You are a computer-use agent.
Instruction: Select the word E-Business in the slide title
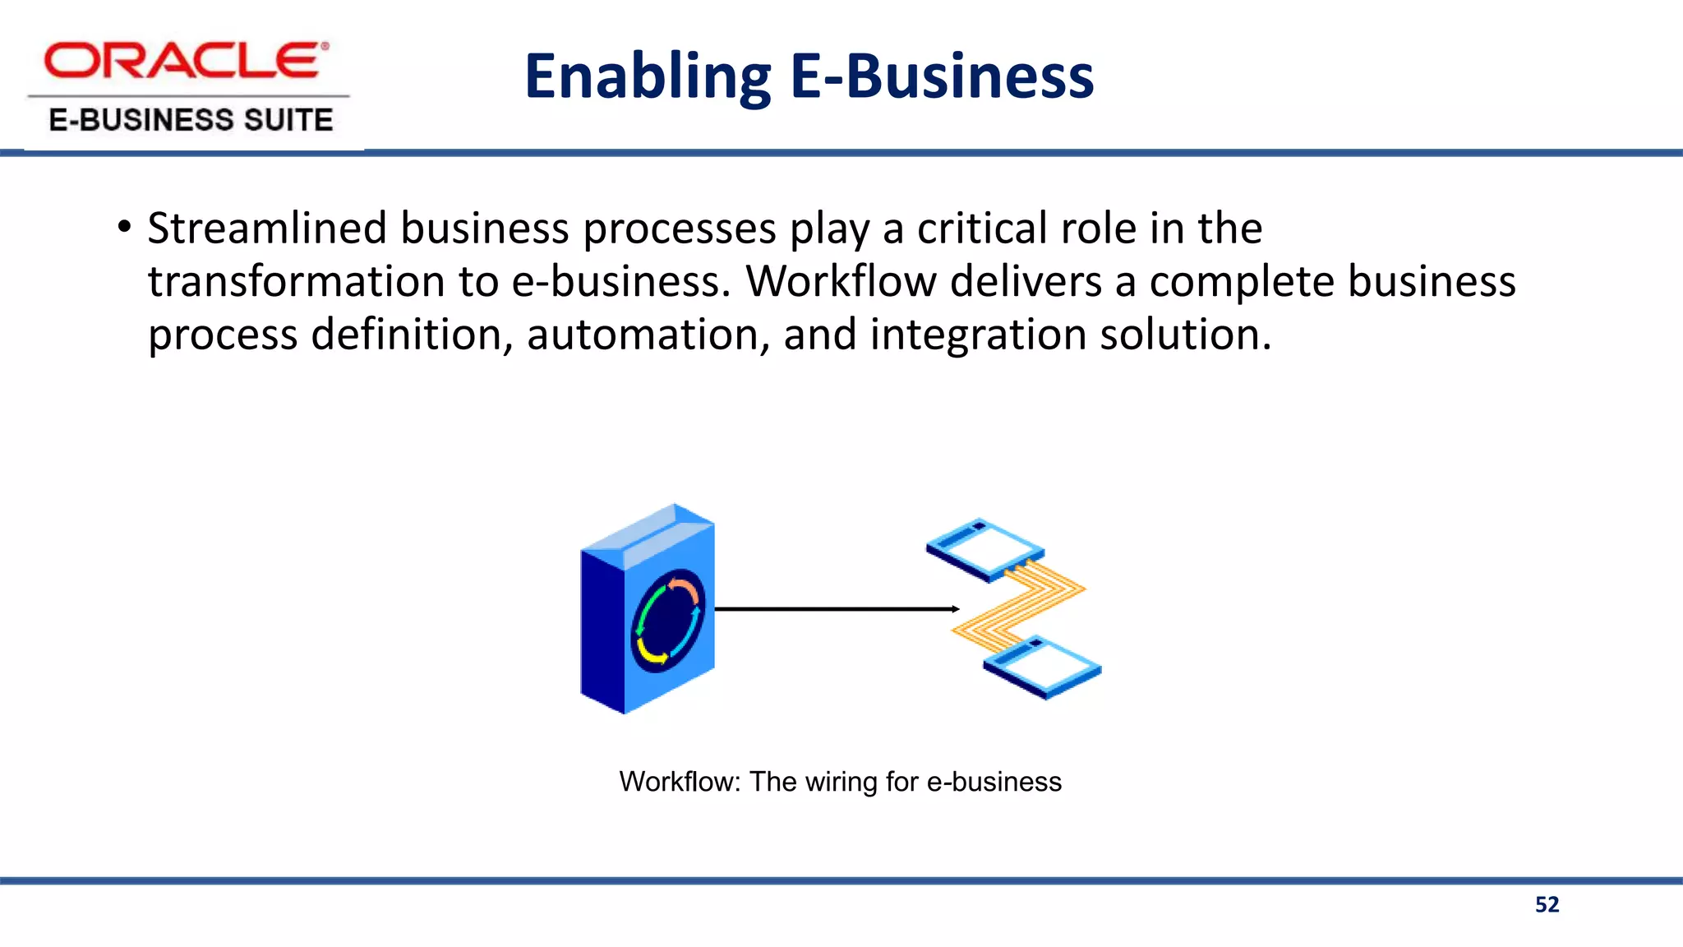point(942,77)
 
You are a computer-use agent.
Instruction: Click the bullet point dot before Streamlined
point(124,227)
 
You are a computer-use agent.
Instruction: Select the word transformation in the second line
point(296,282)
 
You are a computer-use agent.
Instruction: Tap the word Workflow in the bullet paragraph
point(840,282)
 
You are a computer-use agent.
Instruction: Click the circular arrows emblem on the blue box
point(667,621)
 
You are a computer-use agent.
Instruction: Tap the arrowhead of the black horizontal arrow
point(955,609)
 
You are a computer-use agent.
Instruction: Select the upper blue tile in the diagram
point(984,549)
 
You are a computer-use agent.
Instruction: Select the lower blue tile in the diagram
point(1042,667)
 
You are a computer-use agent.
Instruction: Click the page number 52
point(1547,905)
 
